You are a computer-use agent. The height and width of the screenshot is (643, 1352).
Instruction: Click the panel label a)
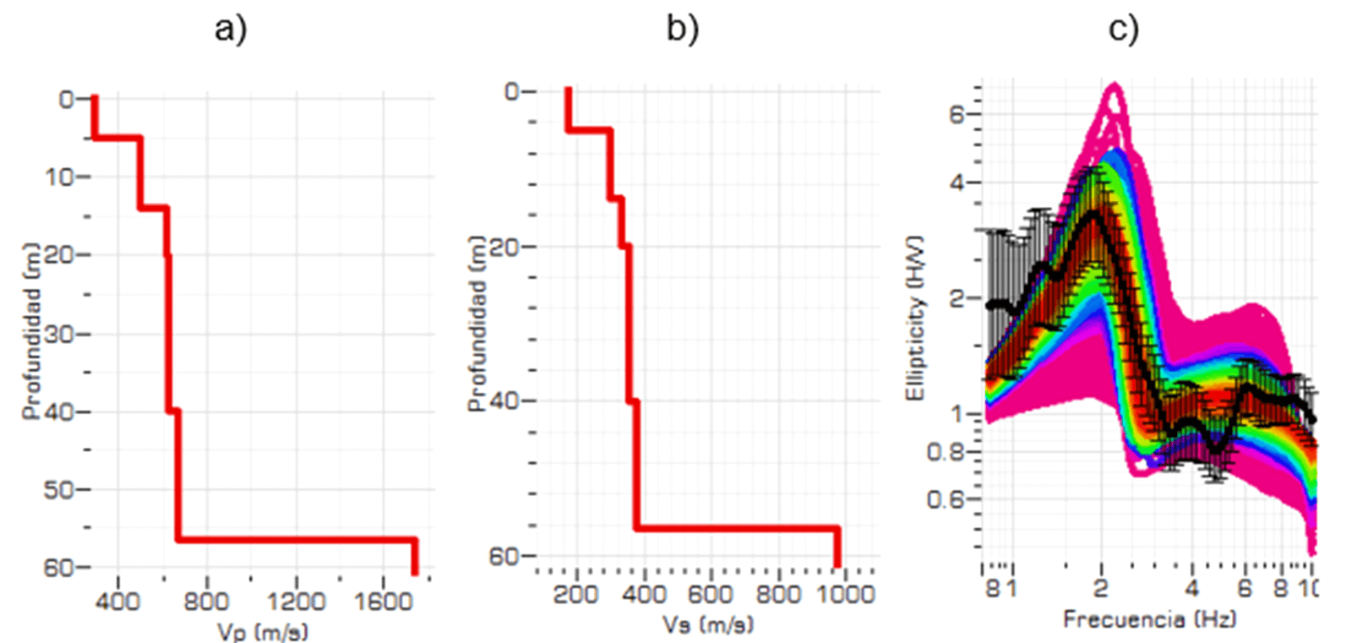point(230,29)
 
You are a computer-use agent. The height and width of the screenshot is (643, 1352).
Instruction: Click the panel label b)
point(682,29)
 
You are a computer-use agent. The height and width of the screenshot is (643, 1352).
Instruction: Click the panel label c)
point(1123,29)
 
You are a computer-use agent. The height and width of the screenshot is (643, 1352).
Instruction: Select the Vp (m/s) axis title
point(263,631)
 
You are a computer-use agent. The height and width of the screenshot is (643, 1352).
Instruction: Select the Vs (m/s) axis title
point(708,624)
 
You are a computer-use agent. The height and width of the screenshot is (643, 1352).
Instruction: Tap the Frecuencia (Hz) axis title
point(1149,619)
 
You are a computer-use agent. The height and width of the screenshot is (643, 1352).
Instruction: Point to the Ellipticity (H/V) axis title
point(915,319)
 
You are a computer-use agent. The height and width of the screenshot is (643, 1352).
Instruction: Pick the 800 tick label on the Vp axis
point(206,601)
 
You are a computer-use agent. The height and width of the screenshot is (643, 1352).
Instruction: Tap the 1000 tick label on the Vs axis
point(846,594)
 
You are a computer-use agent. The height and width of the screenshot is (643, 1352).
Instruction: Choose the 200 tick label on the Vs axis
point(576,594)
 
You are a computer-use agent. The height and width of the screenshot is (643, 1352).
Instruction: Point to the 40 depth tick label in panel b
point(505,401)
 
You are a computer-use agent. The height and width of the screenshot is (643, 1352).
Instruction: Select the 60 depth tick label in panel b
point(505,557)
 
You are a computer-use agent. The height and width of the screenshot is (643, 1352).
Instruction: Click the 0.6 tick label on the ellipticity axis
point(945,499)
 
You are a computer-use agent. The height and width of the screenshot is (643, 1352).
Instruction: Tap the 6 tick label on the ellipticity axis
point(957,114)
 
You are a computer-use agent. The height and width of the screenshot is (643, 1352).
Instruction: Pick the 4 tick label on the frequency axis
point(1191,588)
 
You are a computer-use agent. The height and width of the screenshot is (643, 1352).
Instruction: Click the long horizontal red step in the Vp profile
point(296,539)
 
